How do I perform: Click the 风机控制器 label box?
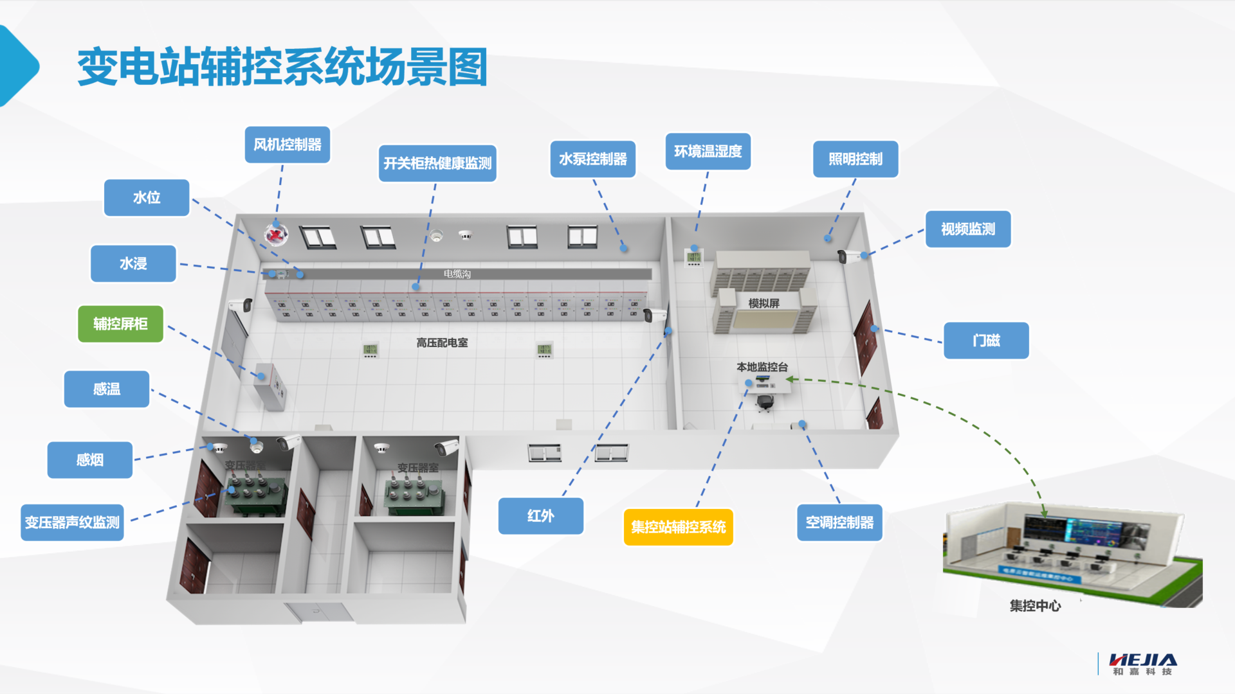pos(287,145)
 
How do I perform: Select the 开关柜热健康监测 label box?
pos(437,163)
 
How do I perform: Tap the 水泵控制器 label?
pos(592,159)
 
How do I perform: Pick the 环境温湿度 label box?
pos(708,152)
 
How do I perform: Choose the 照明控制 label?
pos(855,159)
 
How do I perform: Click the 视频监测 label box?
pos(967,229)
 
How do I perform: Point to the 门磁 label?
pos(986,341)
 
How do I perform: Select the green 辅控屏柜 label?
pos(120,324)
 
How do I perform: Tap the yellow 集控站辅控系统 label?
pos(678,527)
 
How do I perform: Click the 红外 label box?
pos(540,516)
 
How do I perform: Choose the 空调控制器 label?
pos(839,522)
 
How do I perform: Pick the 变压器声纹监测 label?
pos(72,522)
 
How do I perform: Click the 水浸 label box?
pos(133,263)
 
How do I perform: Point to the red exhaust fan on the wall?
pos(276,235)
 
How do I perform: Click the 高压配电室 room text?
pos(442,343)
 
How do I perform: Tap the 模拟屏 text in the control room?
pos(764,303)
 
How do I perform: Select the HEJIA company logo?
pos(1142,664)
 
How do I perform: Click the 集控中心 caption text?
pos(1035,605)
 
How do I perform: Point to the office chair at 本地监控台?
pos(764,402)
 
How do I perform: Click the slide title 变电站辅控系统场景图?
pos(282,67)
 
